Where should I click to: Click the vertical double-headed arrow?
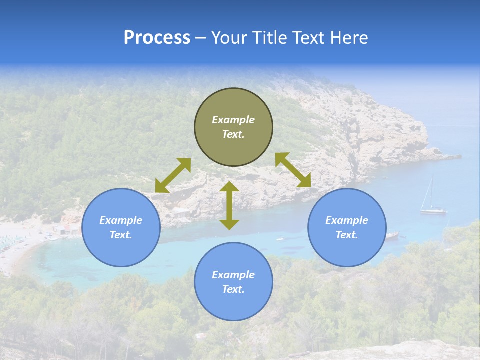coord(229,205)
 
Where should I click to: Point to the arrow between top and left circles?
coord(173,175)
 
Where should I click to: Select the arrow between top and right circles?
coord(293,170)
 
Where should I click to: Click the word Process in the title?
coord(157,38)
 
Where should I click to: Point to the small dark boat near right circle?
coord(392,234)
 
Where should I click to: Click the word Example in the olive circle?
coord(233,120)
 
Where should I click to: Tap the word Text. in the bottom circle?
coord(233,289)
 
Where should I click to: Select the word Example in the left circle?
coord(121,220)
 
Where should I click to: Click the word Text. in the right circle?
coord(347,235)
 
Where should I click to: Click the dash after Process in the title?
coord(200,38)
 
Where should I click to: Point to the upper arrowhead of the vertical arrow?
coord(229,187)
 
